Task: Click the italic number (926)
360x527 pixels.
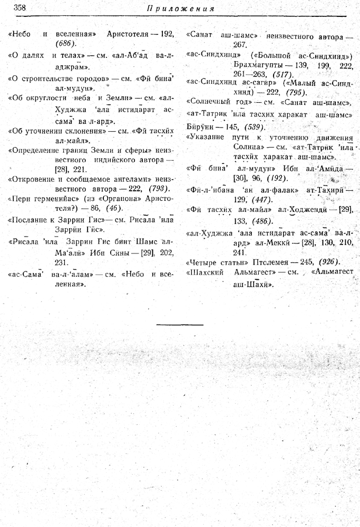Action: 328,262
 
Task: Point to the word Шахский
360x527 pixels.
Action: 207,272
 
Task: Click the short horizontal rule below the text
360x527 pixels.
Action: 180,325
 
